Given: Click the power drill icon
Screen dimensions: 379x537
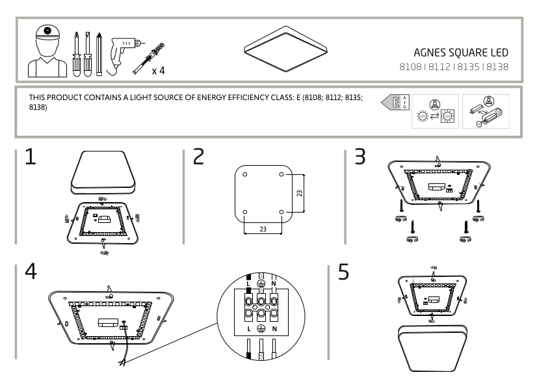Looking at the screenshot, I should [x=124, y=48].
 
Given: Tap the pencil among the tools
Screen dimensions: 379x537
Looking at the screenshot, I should [x=99, y=53].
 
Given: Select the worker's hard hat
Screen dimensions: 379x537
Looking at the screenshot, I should [x=46, y=33].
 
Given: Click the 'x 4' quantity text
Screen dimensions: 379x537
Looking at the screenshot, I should [x=158, y=70].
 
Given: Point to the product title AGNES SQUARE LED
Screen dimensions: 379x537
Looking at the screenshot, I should [x=460, y=52].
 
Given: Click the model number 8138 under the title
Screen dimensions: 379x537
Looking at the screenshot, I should [x=497, y=66].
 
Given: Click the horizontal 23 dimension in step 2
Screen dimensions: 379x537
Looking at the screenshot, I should [x=262, y=228].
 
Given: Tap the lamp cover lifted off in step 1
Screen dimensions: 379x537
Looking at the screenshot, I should [x=103, y=169].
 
